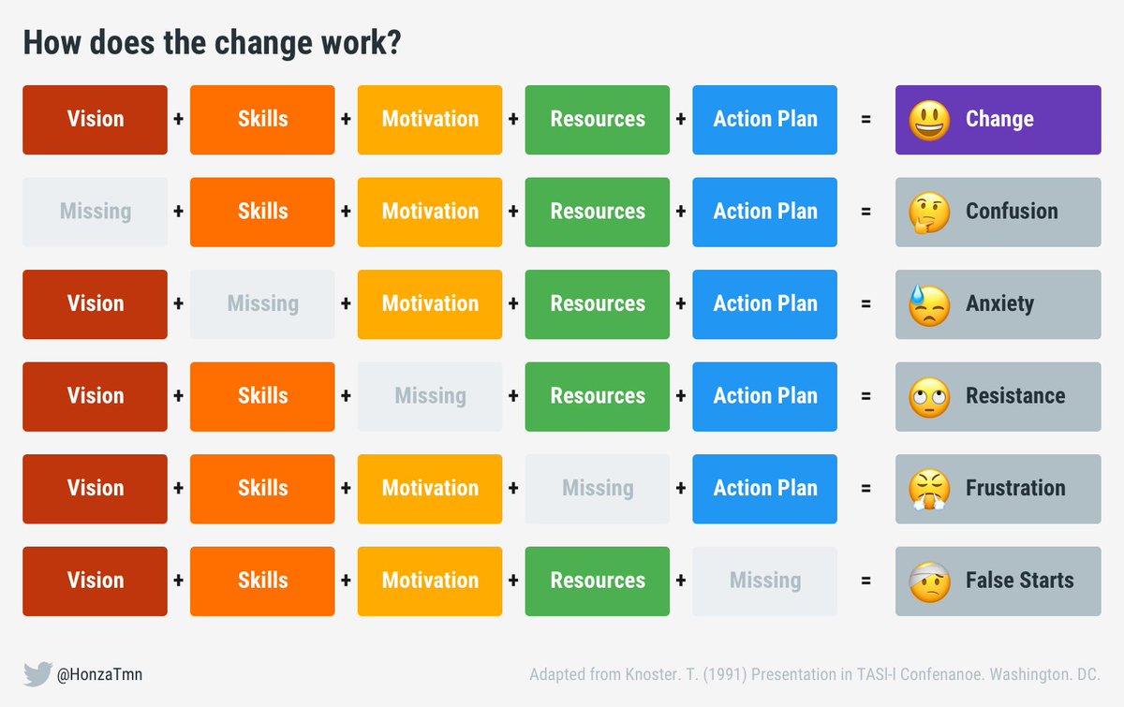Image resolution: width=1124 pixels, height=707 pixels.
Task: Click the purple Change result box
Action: [x=998, y=120]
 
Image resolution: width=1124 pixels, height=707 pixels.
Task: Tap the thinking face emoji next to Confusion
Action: [x=929, y=213]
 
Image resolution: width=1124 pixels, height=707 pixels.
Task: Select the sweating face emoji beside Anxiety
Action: [x=929, y=304]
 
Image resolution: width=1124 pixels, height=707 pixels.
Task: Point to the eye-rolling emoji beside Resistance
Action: [x=929, y=396]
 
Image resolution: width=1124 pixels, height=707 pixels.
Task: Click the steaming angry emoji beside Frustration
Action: [x=929, y=489]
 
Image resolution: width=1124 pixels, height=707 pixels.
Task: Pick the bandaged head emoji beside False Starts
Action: [x=929, y=581]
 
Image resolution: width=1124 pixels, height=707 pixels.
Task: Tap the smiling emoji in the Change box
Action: [x=929, y=120]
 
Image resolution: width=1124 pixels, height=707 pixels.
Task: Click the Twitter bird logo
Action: [x=37, y=674]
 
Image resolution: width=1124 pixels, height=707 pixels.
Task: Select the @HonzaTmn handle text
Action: [x=100, y=674]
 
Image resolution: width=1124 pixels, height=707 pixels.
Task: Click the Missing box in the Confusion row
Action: [x=95, y=213]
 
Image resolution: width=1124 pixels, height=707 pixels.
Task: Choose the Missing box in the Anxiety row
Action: [x=262, y=304]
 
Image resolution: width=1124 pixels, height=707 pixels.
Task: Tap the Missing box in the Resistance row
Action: [x=430, y=396]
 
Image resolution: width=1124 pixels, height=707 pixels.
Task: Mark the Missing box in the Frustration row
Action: [x=598, y=489]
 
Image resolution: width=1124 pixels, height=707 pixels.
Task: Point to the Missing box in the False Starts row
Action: [x=765, y=581]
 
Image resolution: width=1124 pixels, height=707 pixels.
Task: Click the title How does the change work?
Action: [x=212, y=43]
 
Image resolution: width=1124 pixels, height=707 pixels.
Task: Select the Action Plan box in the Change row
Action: [x=765, y=120]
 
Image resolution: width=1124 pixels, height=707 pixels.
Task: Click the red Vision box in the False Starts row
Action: [x=95, y=581]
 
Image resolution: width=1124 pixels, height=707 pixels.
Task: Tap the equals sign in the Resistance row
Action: [x=865, y=396]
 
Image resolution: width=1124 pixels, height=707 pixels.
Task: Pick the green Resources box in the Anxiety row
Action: [x=598, y=304]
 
